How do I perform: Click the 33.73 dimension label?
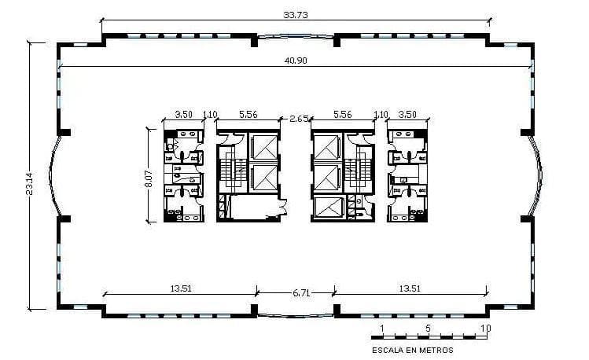(x=294, y=13)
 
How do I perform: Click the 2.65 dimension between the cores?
(x=298, y=119)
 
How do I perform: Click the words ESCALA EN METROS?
(x=412, y=350)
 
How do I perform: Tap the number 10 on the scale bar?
(x=485, y=327)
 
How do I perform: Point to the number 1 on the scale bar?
(x=382, y=327)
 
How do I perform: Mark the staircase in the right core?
(x=362, y=174)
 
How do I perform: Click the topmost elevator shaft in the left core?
(x=263, y=147)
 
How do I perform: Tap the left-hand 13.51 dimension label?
(x=181, y=288)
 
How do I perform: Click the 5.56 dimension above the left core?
(x=248, y=114)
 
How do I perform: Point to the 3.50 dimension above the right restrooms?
(x=407, y=114)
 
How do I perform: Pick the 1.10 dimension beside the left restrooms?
(x=210, y=114)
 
